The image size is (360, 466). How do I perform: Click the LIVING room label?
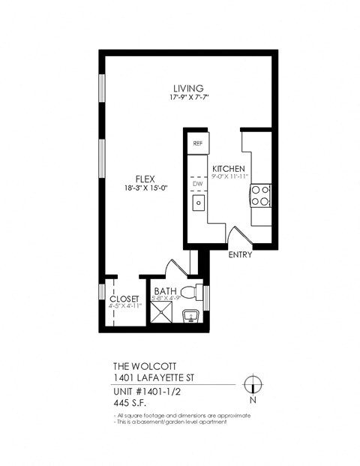point(188,87)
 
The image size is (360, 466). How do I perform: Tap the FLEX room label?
point(145,179)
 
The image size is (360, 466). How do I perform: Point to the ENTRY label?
point(240,254)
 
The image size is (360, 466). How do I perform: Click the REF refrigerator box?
point(198,143)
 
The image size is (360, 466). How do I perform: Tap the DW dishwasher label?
point(198,183)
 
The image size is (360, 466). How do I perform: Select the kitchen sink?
point(199,202)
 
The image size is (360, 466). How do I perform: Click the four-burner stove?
point(260,196)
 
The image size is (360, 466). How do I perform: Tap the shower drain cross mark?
point(163,314)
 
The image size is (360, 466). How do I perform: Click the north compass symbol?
point(253,384)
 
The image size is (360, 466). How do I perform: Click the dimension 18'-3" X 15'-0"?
point(145,188)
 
